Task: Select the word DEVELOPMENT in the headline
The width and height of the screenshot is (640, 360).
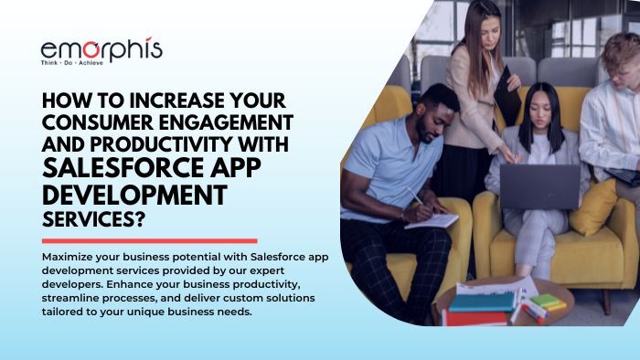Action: tap(133, 195)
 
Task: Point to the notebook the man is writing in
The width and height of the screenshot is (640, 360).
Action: tap(432, 220)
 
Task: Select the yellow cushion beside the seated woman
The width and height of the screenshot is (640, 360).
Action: tap(596, 206)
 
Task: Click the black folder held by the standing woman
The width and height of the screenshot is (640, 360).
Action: tap(507, 96)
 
